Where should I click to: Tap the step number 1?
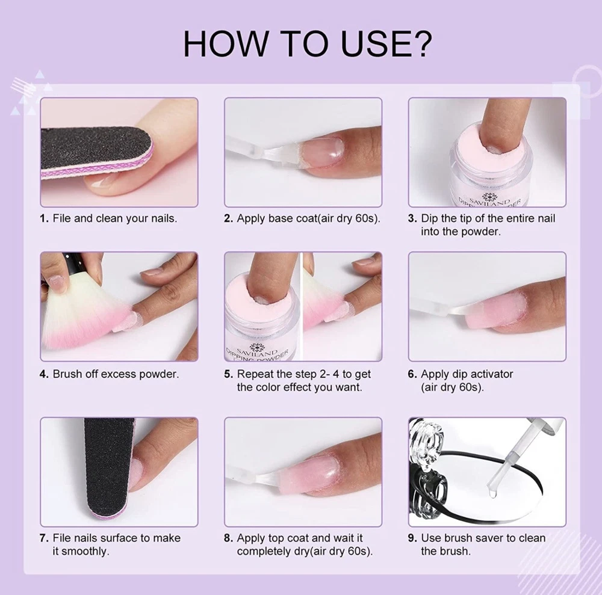[44, 218]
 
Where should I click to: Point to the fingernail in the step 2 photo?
[321, 152]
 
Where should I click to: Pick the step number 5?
[228, 374]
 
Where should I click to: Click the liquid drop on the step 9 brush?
[492, 493]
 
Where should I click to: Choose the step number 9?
[412, 538]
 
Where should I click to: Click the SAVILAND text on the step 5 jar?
[257, 352]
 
